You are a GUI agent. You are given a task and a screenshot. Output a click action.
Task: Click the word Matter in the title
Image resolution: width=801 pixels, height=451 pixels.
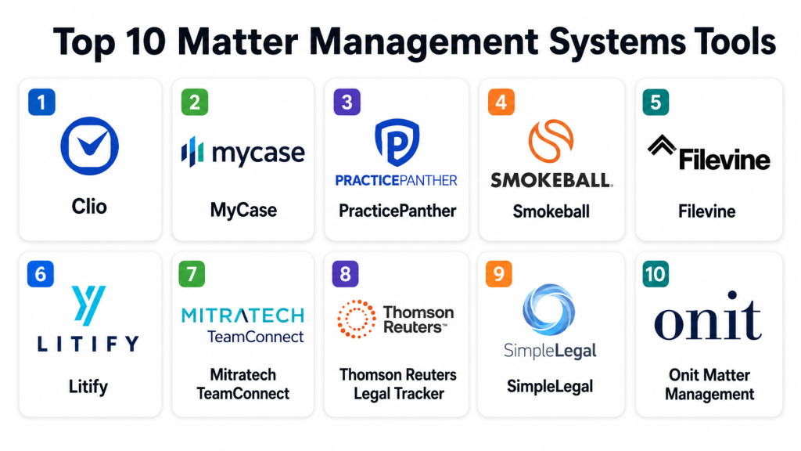pyautogui.click(x=238, y=42)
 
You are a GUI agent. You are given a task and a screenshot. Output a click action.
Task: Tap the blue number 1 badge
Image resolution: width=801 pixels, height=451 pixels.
pyautogui.click(x=41, y=102)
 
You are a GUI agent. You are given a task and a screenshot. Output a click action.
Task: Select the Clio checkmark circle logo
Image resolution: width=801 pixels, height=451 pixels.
pyautogui.click(x=89, y=146)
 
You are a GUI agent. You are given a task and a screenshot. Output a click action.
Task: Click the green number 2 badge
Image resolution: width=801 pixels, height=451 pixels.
pyautogui.click(x=195, y=102)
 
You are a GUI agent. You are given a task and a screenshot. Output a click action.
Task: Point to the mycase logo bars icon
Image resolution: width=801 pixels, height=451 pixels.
pyautogui.click(x=192, y=152)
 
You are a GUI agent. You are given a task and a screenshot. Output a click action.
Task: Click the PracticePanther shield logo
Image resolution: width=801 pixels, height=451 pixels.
pyautogui.click(x=397, y=143)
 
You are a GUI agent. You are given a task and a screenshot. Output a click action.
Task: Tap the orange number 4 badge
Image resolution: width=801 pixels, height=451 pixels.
pyautogui.click(x=501, y=102)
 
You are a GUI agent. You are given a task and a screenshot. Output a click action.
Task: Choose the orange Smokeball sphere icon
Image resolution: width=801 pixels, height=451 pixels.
pyautogui.click(x=551, y=141)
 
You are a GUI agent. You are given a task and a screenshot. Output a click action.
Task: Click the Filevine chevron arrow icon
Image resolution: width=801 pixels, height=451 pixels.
pyautogui.click(x=662, y=145)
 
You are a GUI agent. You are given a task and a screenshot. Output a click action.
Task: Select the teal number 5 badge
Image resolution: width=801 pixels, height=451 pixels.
pyautogui.click(x=656, y=102)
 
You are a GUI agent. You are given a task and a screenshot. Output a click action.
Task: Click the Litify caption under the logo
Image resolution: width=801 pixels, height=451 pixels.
pyautogui.click(x=88, y=386)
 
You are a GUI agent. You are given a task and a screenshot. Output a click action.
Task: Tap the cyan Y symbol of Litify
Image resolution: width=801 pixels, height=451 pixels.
pyautogui.click(x=88, y=305)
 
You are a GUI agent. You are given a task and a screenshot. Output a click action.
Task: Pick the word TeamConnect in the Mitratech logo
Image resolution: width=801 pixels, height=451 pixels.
pyautogui.click(x=256, y=337)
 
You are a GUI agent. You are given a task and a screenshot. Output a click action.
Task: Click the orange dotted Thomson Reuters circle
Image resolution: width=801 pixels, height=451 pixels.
pyautogui.click(x=357, y=319)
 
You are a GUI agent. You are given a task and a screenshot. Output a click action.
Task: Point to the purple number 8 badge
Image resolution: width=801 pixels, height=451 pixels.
pyautogui.click(x=345, y=274)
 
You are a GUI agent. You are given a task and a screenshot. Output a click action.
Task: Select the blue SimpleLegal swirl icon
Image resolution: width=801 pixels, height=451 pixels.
pyautogui.click(x=549, y=310)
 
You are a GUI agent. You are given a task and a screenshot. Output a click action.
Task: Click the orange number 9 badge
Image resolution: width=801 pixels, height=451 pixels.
pyautogui.click(x=498, y=274)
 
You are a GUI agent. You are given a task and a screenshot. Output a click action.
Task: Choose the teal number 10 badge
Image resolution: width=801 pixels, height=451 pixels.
pyautogui.click(x=656, y=274)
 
